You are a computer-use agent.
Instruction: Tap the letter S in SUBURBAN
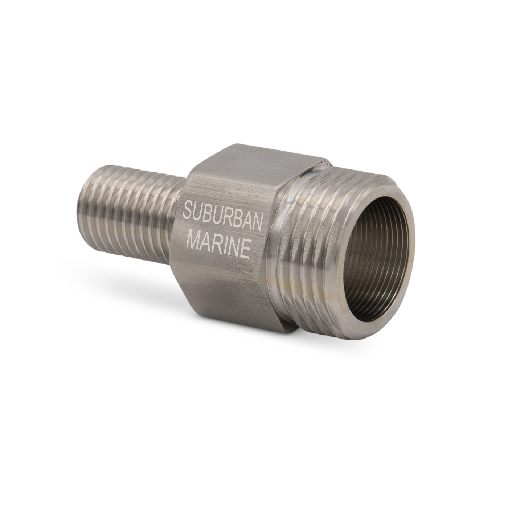[188, 210]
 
